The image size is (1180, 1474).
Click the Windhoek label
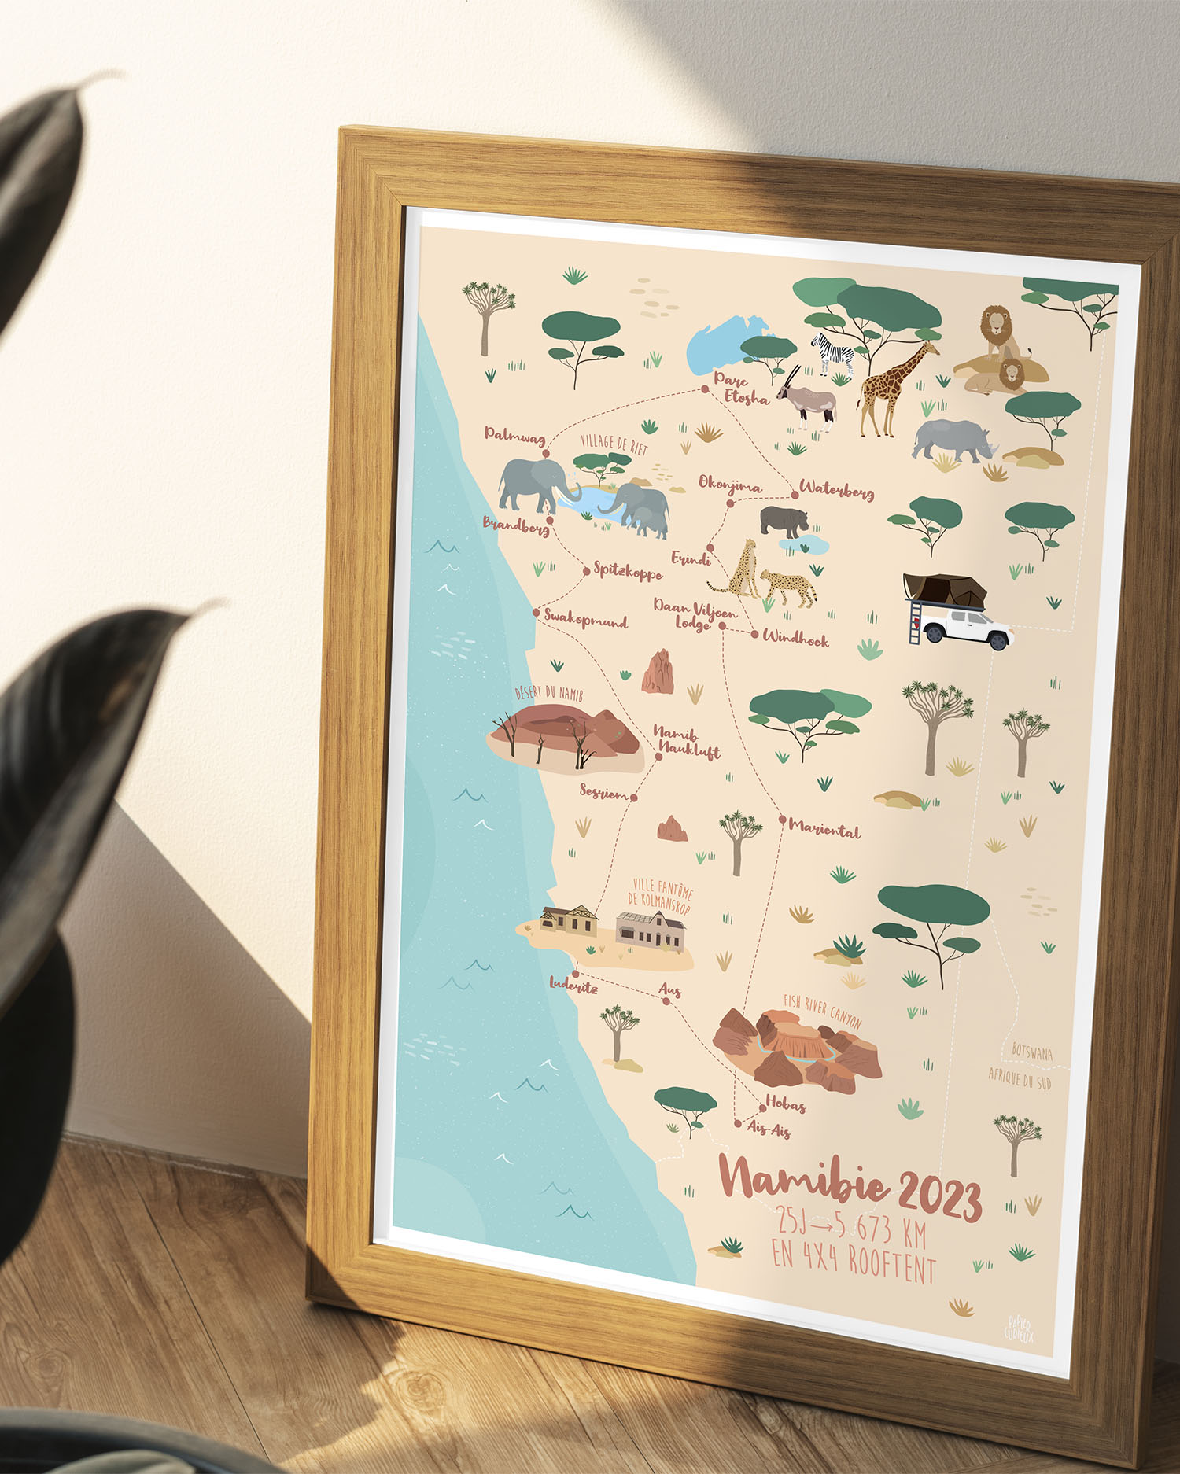pyautogui.click(x=795, y=639)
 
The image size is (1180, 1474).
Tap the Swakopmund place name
pyautogui.click(x=585, y=619)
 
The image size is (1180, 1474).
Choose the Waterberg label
pyautogui.click(x=836, y=490)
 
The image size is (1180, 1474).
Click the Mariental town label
pyautogui.click(x=824, y=828)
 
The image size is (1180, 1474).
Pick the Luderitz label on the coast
pyautogui.click(x=573, y=985)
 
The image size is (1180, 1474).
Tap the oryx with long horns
pyautogui.click(x=806, y=398)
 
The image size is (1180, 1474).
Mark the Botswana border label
pyautogui.click(x=1031, y=1052)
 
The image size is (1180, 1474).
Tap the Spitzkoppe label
pyautogui.click(x=628, y=572)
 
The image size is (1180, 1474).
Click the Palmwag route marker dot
pyautogui.click(x=545, y=454)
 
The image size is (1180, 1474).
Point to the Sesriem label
pyautogui.click(x=604, y=792)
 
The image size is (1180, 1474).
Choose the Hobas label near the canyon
pyautogui.click(x=785, y=1104)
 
